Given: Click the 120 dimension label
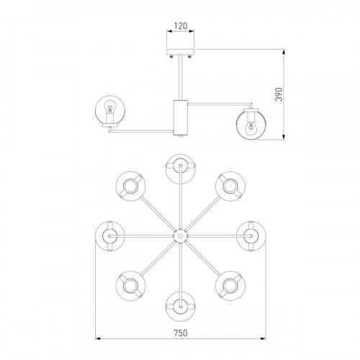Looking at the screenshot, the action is coord(181,26).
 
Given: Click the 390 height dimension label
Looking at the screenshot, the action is coord(279,94).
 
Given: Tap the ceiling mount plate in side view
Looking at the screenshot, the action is coord(181,52).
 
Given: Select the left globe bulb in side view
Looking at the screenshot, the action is coord(110,110).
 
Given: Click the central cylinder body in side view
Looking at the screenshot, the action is coord(181,117).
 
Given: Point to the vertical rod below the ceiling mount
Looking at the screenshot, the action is coord(181,77).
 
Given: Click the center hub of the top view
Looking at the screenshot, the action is coord(180,236).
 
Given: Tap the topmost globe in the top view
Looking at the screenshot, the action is coord(181,169).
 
